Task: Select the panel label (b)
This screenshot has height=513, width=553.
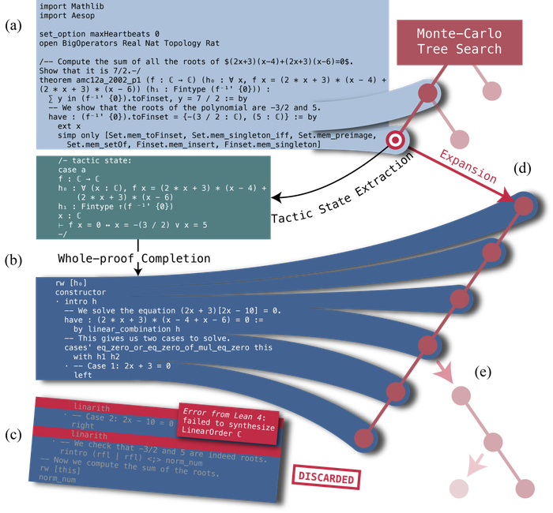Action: coord(13,258)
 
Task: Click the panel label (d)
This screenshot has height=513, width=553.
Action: coord(523,169)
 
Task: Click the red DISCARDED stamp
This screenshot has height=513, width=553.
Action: coord(326,479)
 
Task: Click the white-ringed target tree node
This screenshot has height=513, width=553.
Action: coord(394,140)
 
